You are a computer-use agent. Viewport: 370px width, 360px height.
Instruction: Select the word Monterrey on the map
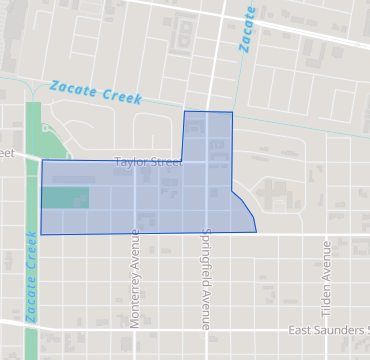click(133, 300)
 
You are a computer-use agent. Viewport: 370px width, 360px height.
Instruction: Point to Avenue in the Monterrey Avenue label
click(133, 253)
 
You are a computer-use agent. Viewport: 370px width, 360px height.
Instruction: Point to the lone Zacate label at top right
click(248, 29)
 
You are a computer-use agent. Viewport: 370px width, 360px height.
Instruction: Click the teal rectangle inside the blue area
click(65, 197)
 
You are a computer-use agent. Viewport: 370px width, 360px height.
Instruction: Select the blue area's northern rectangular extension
click(208, 135)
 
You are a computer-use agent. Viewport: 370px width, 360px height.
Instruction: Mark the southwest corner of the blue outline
click(41, 233)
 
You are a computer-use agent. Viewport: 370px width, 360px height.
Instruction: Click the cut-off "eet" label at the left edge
click(7, 153)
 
